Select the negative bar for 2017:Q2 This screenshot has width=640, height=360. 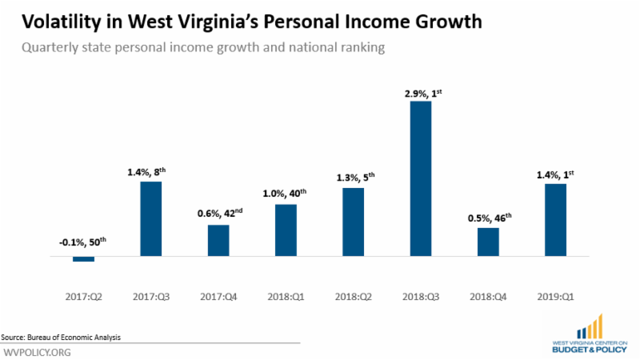[x=83, y=259]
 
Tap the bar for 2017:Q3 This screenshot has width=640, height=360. [x=150, y=218]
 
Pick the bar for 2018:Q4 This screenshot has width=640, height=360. [x=487, y=242]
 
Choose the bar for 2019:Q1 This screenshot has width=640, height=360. [x=554, y=220]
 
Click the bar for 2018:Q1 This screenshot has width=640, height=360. [x=285, y=230]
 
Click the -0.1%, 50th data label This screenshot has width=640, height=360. [x=83, y=243]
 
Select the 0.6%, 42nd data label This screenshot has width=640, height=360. [x=218, y=214]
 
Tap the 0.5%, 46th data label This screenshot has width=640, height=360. [x=487, y=218]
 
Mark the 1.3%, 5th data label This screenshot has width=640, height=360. [x=352, y=178]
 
